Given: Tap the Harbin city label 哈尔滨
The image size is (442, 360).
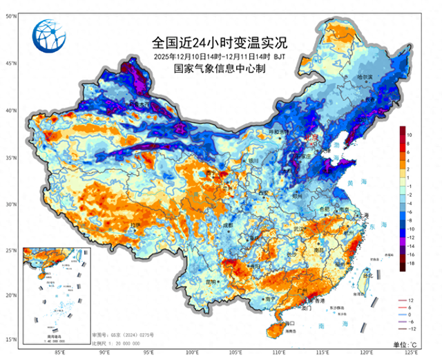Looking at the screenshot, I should coord(365,77).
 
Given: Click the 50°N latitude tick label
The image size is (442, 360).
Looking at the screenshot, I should coord(12,15).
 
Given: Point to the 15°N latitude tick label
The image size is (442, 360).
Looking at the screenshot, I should coord(12,339).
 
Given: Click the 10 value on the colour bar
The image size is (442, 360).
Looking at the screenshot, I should coord(410,134).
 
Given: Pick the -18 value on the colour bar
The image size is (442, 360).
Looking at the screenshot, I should coord(410,264).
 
